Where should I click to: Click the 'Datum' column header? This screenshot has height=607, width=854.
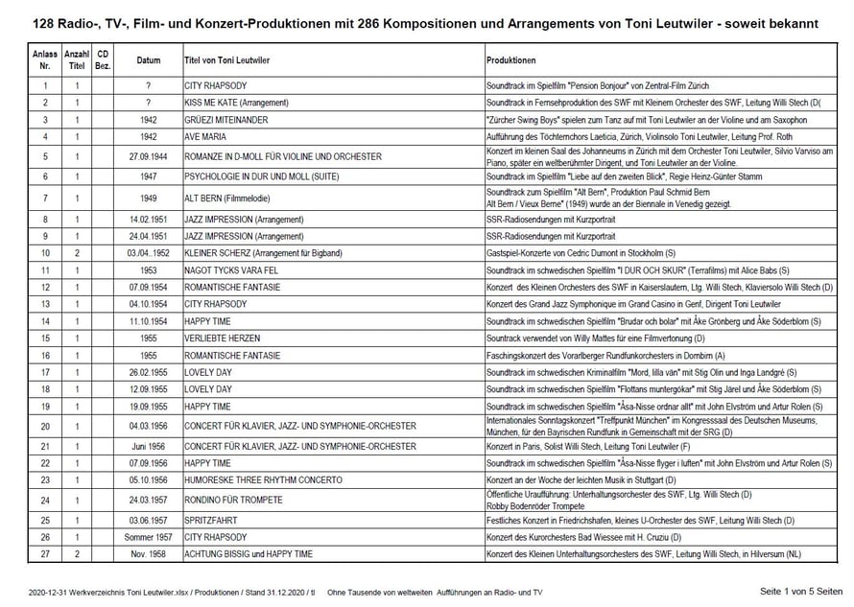tap(148, 59)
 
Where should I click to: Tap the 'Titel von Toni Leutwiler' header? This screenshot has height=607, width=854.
tap(226, 59)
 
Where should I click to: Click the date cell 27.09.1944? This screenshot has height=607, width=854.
tap(148, 156)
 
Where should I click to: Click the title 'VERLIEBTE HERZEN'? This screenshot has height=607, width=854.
tap(221, 338)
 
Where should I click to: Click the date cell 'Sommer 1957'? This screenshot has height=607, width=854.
tap(148, 536)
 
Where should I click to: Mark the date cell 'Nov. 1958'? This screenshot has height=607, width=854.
tap(148, 554)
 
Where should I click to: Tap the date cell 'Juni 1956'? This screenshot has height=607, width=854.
tap(148, 446)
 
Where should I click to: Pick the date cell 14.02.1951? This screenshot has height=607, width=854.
tap(148, 220)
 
